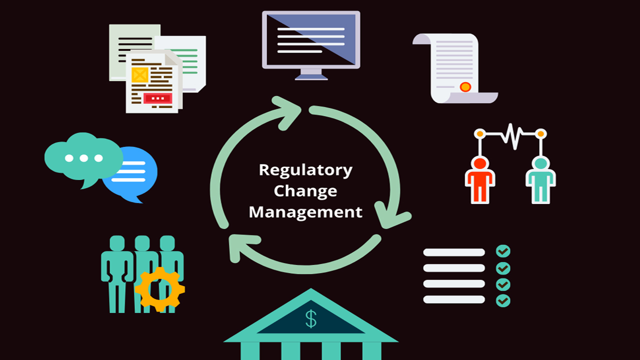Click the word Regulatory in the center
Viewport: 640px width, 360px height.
(305, 170)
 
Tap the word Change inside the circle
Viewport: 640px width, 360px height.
(305, 190)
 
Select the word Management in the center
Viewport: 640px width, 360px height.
(305, 211)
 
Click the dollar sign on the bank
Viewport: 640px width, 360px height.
(311, 318)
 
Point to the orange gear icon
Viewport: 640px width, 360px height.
(159, 289)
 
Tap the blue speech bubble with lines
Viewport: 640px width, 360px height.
(131, 172)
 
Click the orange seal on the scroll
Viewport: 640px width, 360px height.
(465, 87)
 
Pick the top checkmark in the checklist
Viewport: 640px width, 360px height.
(503, 251)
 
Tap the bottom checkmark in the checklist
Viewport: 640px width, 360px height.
(503, 300)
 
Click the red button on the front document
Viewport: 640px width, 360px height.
(157, 98)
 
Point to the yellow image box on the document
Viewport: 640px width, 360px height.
(139, 74)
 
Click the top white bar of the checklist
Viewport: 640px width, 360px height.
(454, 252)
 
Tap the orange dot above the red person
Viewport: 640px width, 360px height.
(480, 134)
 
